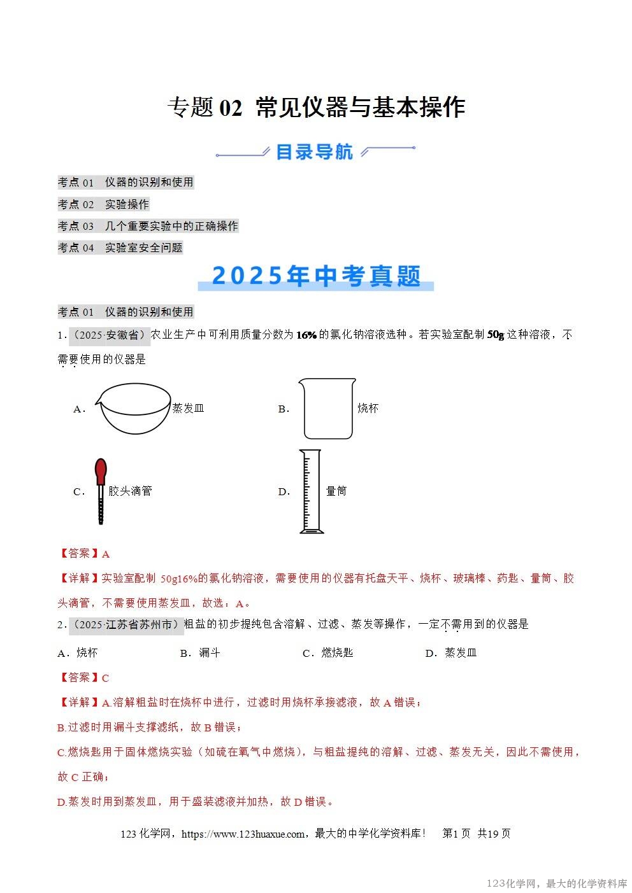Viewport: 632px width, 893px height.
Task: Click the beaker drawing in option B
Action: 327,409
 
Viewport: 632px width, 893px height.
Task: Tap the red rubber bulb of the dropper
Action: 101,472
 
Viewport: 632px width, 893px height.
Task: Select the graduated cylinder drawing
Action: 311,491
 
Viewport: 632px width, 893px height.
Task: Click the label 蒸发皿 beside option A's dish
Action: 189,409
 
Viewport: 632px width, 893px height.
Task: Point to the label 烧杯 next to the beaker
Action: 368,409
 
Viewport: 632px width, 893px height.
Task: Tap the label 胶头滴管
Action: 130,491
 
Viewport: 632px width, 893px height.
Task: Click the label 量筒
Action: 336,491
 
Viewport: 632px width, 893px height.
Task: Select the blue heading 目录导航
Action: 315,152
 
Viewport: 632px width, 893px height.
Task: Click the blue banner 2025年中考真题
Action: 316,276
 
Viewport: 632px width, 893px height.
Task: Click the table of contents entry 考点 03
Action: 148,226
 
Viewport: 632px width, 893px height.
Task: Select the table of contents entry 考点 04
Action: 120,248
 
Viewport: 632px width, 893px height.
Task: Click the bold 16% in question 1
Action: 306,335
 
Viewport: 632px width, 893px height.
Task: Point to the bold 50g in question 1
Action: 496,335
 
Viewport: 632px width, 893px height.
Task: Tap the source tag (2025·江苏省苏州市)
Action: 126,625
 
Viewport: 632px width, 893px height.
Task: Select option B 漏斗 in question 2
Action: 201,653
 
